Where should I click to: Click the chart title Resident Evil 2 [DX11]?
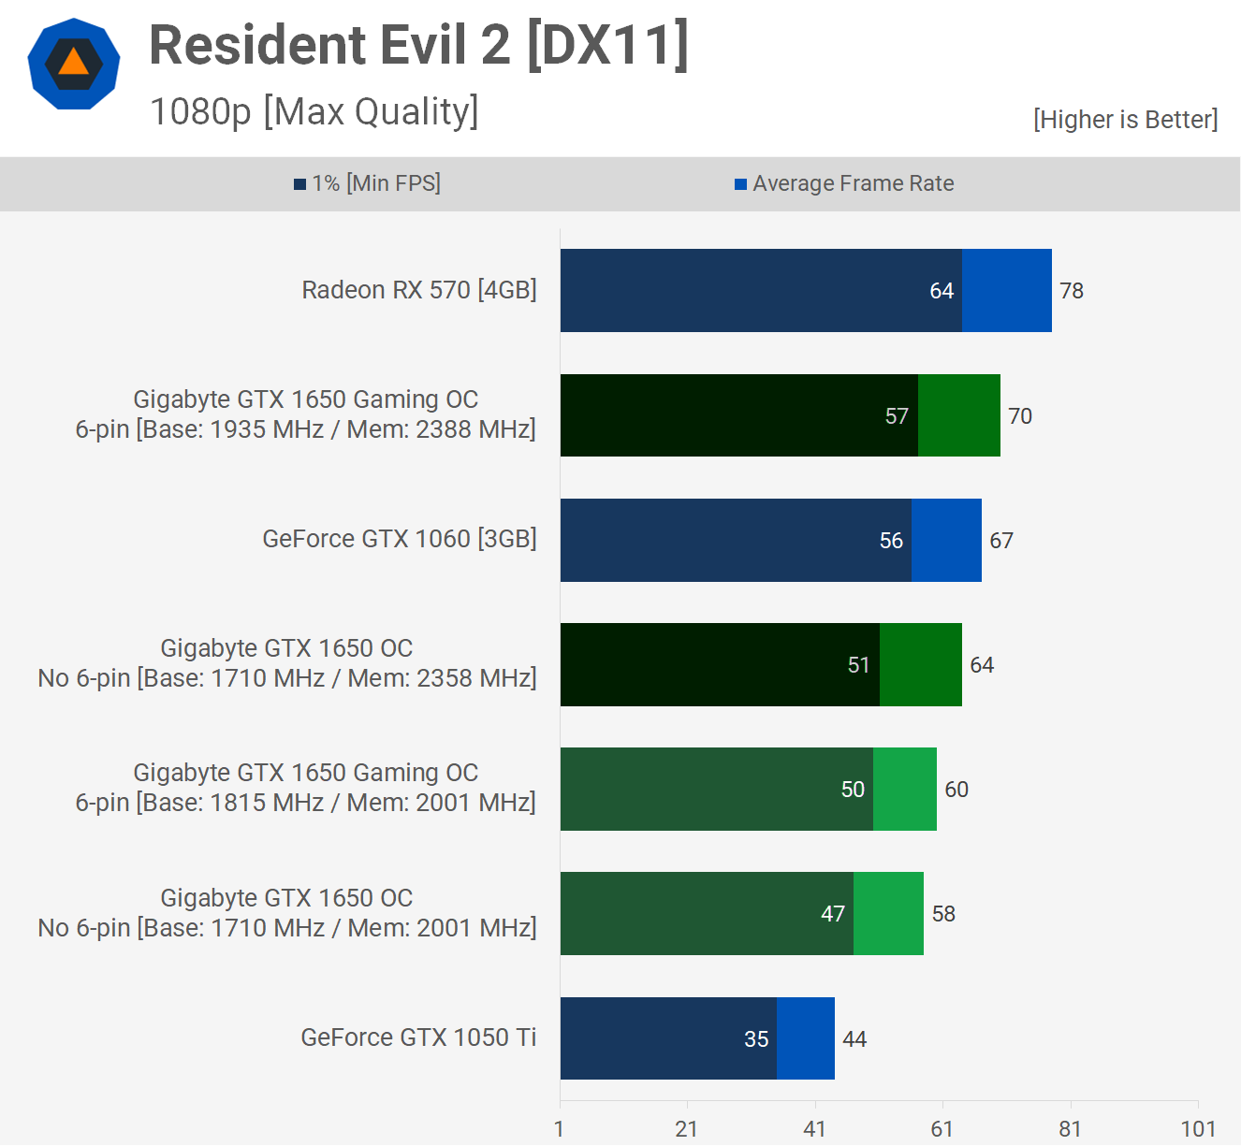point(418,45)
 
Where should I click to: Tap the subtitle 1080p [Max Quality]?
point(314,111)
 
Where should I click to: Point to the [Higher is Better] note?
point(1125,120)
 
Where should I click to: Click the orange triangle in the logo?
point(73,63)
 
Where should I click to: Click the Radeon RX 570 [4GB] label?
point(418,290)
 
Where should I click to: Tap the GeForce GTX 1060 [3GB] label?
point(399,539)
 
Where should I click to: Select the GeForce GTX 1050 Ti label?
point(418,1037)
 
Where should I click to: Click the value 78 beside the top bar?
point(1072,291)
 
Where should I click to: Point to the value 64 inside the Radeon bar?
point(942,291)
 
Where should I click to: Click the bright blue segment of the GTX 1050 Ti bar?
point(806,1038)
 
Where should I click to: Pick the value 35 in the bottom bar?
point(756,1039)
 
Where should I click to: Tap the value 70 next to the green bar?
point(1020,416)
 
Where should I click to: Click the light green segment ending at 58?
point(888,914)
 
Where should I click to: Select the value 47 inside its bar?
point(833,914)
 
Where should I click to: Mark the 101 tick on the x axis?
point(1198,1129)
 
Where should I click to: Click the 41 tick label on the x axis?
point(814,1129)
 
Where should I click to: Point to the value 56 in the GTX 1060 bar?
point(891,541)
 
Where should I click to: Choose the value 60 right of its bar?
point(956,790)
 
